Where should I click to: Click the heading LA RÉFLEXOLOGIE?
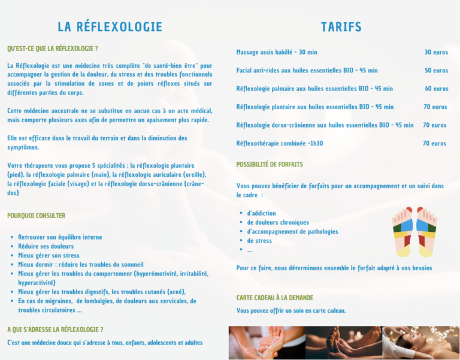110,27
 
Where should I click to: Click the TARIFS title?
341,27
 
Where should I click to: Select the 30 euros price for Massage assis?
436,52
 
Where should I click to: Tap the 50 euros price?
436,71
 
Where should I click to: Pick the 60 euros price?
436,89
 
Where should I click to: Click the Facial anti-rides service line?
307,71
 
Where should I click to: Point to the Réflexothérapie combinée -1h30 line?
279,144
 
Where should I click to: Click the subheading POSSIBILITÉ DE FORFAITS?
270,164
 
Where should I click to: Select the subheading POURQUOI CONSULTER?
36,216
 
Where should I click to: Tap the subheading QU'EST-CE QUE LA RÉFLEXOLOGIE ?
53,48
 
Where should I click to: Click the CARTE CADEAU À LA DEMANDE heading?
275,298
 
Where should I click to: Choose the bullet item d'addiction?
261,213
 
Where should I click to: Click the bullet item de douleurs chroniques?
269,222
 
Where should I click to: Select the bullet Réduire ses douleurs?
46,246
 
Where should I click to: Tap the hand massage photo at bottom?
267,343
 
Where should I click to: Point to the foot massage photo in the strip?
343,343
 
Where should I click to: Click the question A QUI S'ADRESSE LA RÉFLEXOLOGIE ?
55,329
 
